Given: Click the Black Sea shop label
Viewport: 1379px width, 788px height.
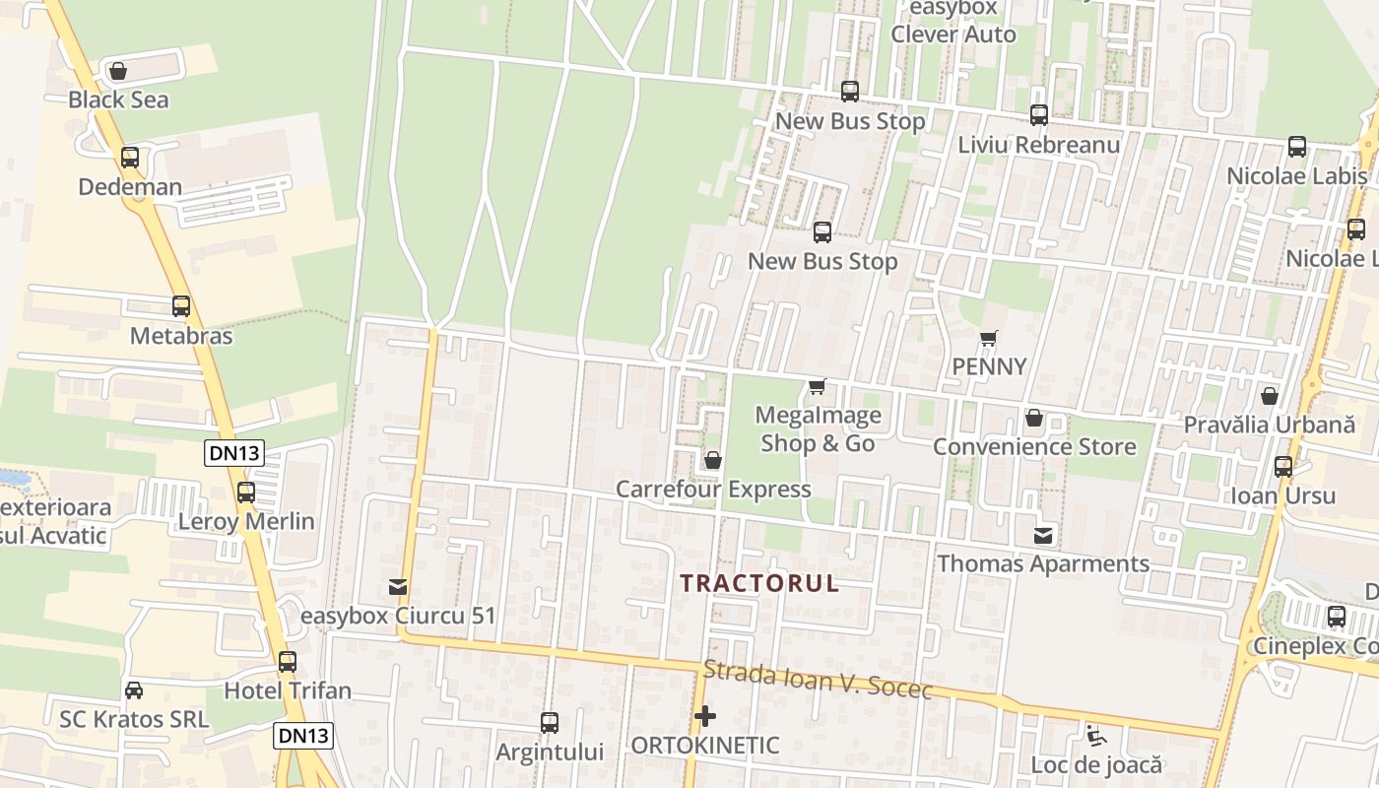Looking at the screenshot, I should (x=118, y=99).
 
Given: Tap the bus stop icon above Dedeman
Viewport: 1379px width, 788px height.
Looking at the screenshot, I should (x=130, y=157).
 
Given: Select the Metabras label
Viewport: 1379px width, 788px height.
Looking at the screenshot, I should (x=181, y=336).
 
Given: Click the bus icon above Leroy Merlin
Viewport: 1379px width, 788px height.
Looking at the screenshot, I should (x=246, y=492).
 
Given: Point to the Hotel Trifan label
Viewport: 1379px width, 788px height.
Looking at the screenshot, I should (x=288, y=690).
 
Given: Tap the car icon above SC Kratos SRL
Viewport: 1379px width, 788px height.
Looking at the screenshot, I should (x=134, y=690).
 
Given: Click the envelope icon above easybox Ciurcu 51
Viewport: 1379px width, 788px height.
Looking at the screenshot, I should (x=398, y=587).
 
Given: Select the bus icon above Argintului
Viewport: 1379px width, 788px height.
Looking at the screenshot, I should (x=550, y=722).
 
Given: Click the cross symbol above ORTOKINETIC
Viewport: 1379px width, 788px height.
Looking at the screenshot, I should (x=705, y=716).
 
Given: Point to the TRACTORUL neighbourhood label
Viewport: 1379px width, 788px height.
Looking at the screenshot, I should (x=759, y=583).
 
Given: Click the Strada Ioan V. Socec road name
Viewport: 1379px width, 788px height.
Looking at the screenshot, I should (x=818, y=680).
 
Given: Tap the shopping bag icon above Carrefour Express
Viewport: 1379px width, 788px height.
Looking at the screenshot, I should (x=713, y=460).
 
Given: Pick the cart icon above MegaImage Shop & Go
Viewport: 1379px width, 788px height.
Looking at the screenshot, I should (x=817, y=386).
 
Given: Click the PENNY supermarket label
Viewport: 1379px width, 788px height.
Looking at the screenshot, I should (x=989, y=366).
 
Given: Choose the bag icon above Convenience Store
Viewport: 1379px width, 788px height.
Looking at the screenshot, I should (x=1034, y=418).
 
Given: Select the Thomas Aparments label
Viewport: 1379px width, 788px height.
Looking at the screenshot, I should (x=1043, y=563).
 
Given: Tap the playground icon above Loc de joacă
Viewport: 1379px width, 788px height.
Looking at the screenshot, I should (x=1096, y=735).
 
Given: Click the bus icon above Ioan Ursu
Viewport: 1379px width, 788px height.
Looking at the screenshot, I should (x=1283, y=466).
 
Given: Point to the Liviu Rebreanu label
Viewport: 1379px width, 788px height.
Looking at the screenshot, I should (x=1039, y=145).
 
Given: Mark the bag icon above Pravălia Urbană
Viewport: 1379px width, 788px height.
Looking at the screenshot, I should (x=1270, y=396).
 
